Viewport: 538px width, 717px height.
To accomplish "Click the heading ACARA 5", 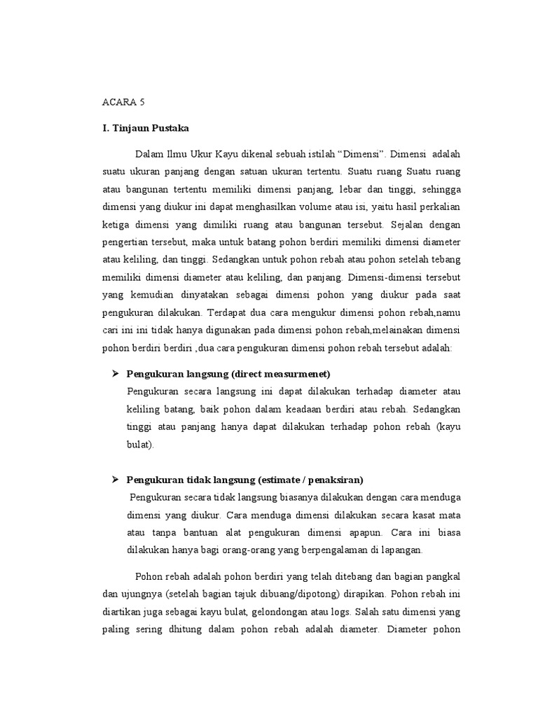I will point(123,102).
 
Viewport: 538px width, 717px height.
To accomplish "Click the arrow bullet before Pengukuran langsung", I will point(116,373).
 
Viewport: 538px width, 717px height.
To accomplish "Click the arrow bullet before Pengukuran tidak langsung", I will point(116,479).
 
